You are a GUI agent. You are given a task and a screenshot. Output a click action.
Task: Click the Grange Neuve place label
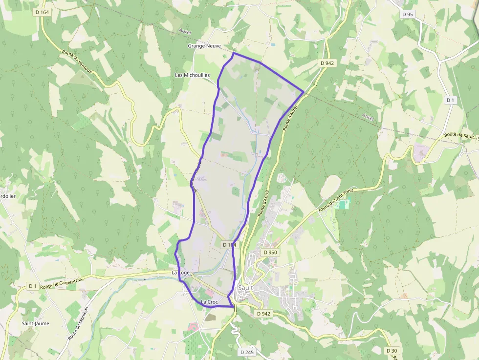[x=204, y=46]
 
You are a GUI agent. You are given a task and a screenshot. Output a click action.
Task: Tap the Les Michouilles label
[x=193, y=75]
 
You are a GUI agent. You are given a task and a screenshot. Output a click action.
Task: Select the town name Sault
[x=245, y=288]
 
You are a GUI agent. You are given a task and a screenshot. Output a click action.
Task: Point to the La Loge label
[x=180, y=273]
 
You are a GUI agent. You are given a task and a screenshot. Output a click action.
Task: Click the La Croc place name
[x=209, y=302]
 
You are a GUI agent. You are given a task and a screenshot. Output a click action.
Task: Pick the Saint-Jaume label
[x=35, y=323]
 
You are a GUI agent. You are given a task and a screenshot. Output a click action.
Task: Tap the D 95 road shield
[x=407, y=14]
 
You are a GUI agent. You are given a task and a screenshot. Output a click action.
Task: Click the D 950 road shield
[x=270, y=253]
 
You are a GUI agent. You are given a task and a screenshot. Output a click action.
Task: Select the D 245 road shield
[x=247, y=352]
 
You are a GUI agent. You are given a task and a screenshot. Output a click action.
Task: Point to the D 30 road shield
[x=392, y=351]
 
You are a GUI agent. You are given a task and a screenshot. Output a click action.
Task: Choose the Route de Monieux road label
[x=78, y=323]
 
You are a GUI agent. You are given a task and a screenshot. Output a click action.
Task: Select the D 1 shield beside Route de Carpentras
[x=33, y=286]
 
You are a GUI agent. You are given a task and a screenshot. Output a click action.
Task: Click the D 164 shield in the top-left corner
[x=43, y=12]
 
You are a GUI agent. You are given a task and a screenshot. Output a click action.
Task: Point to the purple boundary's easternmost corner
[x=304, y=91]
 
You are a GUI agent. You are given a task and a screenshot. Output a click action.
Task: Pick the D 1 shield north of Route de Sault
[x=450, y=100]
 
